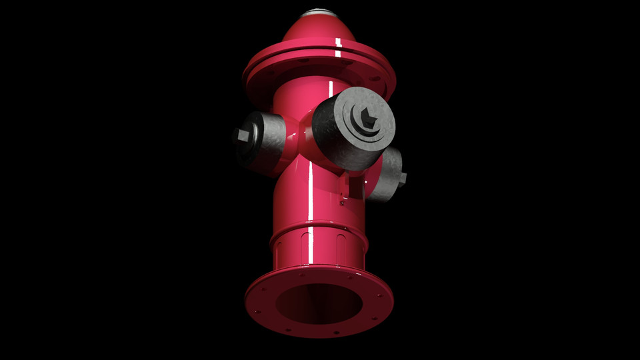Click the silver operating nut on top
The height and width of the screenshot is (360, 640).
319,13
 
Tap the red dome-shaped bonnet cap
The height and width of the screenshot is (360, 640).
313,33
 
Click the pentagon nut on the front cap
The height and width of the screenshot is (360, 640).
367,118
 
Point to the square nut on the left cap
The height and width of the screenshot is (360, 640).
242,136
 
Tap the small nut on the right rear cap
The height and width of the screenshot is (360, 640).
401,178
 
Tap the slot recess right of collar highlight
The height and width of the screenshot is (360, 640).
341,244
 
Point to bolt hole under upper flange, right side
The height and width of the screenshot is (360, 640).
375,78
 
